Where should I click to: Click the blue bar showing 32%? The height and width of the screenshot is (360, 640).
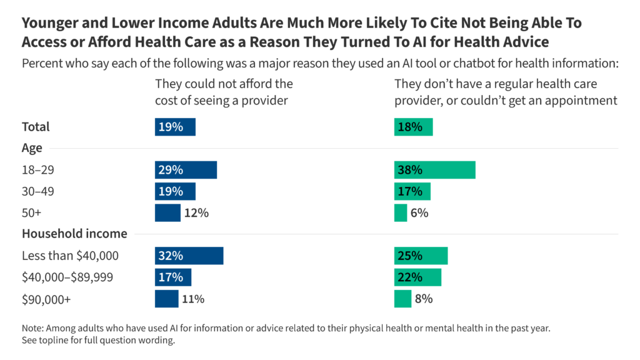point(189,256)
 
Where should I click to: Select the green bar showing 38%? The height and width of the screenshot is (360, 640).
point(434,170)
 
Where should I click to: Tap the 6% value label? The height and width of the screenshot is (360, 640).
point(419,212)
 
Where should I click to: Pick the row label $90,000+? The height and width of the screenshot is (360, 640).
point(46,299)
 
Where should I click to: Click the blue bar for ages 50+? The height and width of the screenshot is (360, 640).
point(167,212)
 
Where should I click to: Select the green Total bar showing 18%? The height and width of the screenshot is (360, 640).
point(413,127)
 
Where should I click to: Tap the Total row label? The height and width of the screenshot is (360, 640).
point(36,127)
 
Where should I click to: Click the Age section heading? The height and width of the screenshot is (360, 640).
point(32,148)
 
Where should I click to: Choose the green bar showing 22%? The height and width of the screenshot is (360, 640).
point(417,277)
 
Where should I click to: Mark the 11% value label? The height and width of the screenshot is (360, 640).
point(193,299)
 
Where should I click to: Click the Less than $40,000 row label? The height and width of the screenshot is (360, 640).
point(70,256)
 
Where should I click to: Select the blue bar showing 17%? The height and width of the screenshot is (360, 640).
point(173,277)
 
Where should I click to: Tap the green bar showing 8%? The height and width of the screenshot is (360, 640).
point(402,299)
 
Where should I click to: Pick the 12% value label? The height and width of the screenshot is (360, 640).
point(196,212)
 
